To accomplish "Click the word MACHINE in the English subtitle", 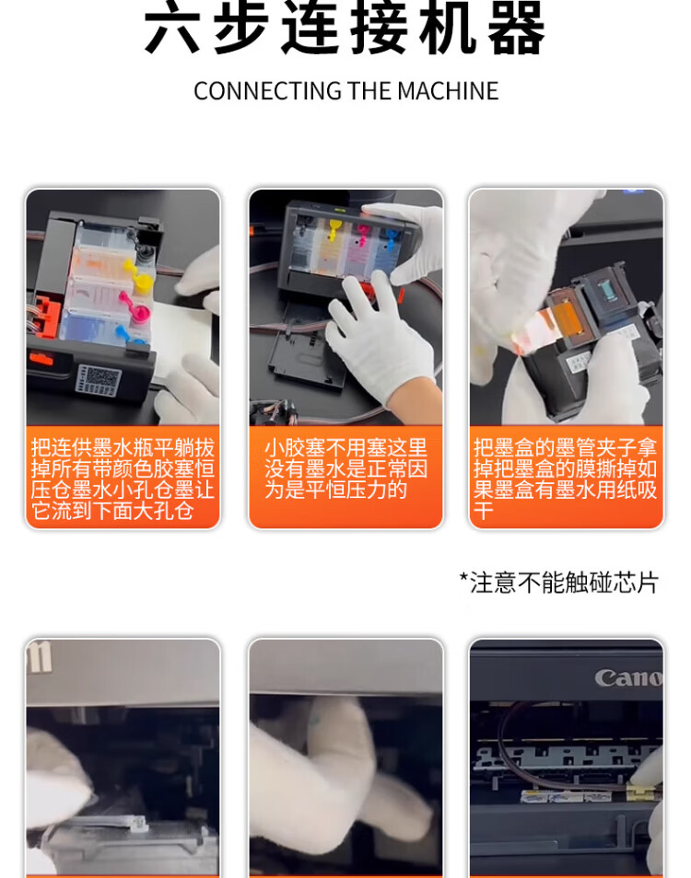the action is click(448, 91).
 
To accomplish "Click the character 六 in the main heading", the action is click(172, 28).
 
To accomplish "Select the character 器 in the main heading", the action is click(516, 28).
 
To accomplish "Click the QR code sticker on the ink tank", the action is click(98, 380).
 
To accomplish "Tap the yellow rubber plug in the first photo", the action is click(141, 277).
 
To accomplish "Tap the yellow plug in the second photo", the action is click(335, 229).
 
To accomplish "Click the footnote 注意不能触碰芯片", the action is click(558, 583).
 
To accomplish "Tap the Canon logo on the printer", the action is click(627, 677).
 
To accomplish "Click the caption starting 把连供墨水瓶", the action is click(123, 479).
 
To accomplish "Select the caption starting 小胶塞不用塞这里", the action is click(345, 468).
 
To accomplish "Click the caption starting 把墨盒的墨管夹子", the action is click(565, 479).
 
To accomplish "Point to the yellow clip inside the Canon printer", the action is click(638, 791).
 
